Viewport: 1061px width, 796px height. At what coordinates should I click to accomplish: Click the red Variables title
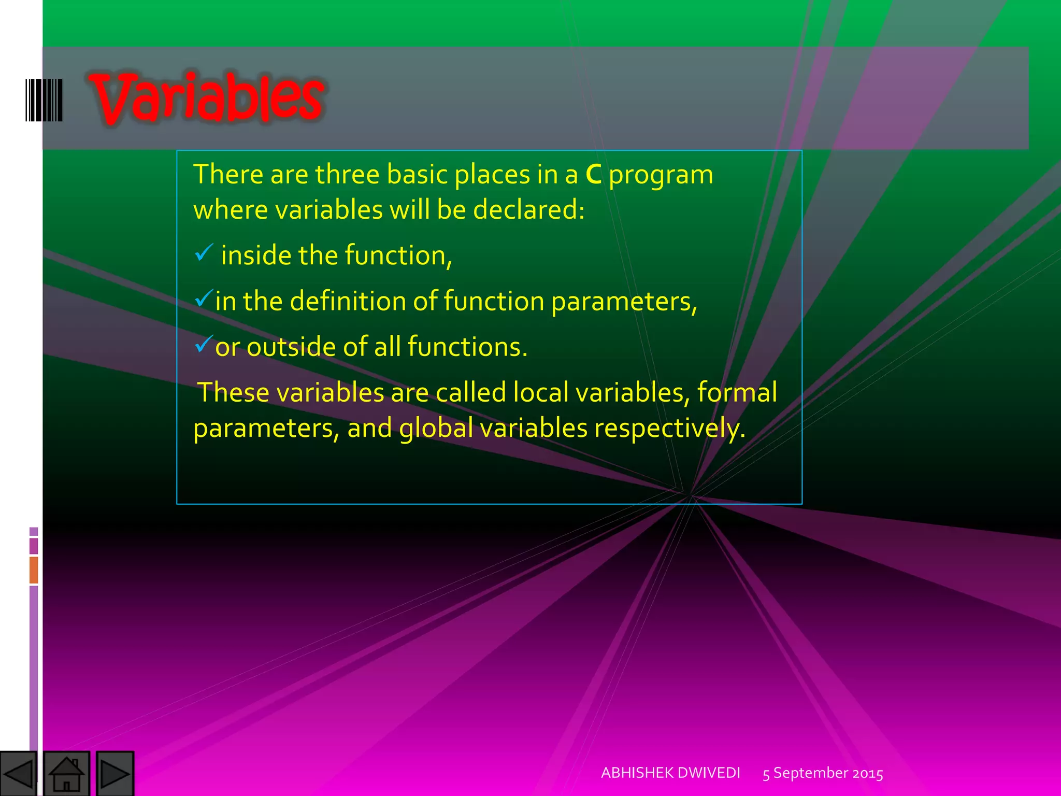207,98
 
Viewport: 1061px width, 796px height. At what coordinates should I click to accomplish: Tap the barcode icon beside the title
44,100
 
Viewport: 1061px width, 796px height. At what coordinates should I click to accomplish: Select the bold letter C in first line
593,175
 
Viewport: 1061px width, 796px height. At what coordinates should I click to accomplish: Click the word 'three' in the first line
347,175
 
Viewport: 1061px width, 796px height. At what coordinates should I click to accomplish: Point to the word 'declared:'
528,210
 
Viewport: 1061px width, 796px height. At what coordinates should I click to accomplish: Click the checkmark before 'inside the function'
204,253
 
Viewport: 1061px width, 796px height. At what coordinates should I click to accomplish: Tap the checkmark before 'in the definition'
204,298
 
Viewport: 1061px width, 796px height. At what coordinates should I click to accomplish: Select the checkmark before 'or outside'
204,344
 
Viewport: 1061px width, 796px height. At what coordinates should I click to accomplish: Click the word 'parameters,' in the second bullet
624,302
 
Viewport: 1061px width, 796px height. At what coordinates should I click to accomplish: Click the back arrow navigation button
18,774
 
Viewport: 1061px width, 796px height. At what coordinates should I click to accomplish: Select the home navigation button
66,774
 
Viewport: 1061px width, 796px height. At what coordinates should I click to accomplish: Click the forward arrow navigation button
115,774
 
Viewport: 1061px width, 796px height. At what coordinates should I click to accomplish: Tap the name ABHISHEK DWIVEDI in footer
670,773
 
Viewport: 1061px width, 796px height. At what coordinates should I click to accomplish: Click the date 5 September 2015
823,773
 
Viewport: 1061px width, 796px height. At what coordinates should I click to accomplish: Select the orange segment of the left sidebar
34,570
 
